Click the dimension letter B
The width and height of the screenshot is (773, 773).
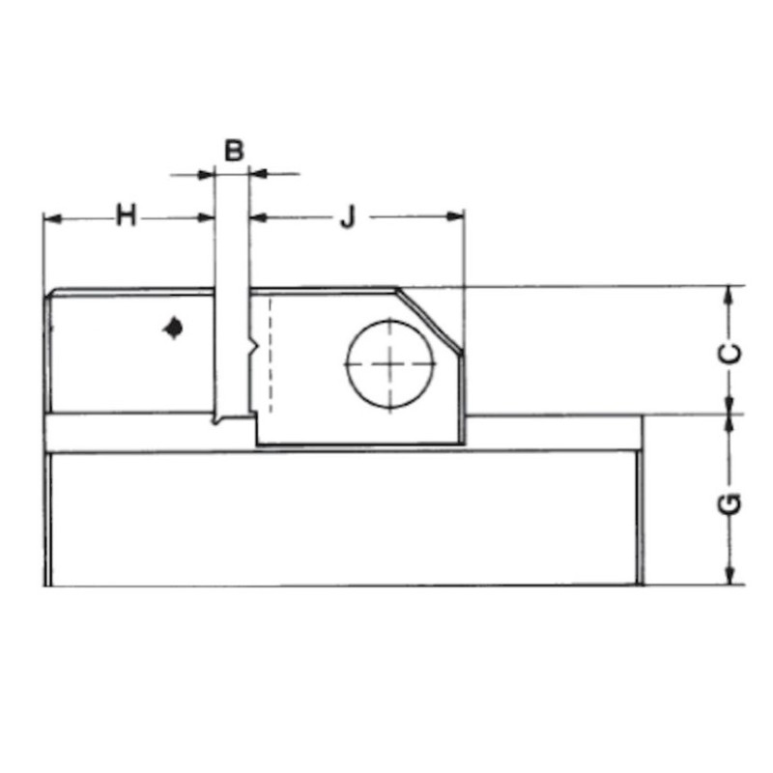point(234,151)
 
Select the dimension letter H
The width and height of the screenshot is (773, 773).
point(126,215)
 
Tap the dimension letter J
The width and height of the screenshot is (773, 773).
point(348,217)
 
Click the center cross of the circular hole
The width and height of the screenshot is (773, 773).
point(390,364)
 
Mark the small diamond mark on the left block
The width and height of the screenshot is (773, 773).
point(173,328)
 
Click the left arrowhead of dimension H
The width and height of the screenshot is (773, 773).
point(52,218)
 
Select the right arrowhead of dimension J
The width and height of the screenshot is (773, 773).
point(454,216)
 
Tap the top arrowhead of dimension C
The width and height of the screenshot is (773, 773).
point(730,296)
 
